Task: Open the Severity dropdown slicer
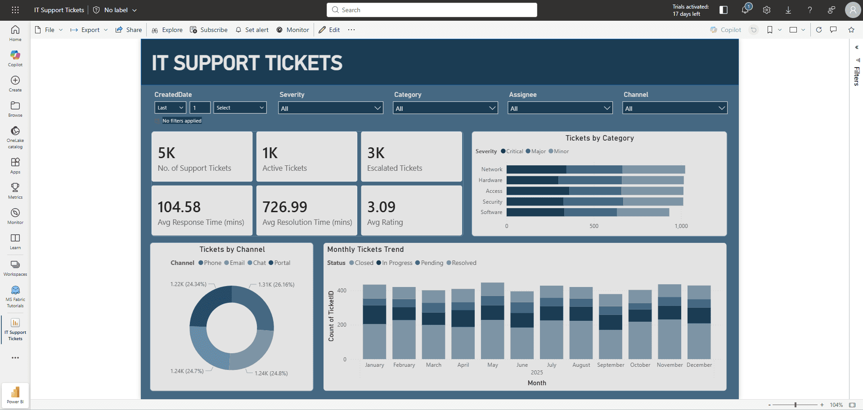point(330,108)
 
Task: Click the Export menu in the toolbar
point(89,30)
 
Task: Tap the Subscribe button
point(209,30)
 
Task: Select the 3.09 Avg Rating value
point(381,207)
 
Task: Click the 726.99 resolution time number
point(285,207)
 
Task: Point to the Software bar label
point(491,212)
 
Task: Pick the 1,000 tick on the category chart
point(681,226)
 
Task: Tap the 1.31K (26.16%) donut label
point(276,285)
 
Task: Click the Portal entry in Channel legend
point(282,263)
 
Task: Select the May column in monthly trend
point(492,321)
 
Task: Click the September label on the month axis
point(610,365)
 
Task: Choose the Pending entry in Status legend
point(431,263)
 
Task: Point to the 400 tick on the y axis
point(342,291)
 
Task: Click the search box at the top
point(432,10)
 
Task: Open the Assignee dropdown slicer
point(560,108)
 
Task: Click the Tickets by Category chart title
point(599,138)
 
